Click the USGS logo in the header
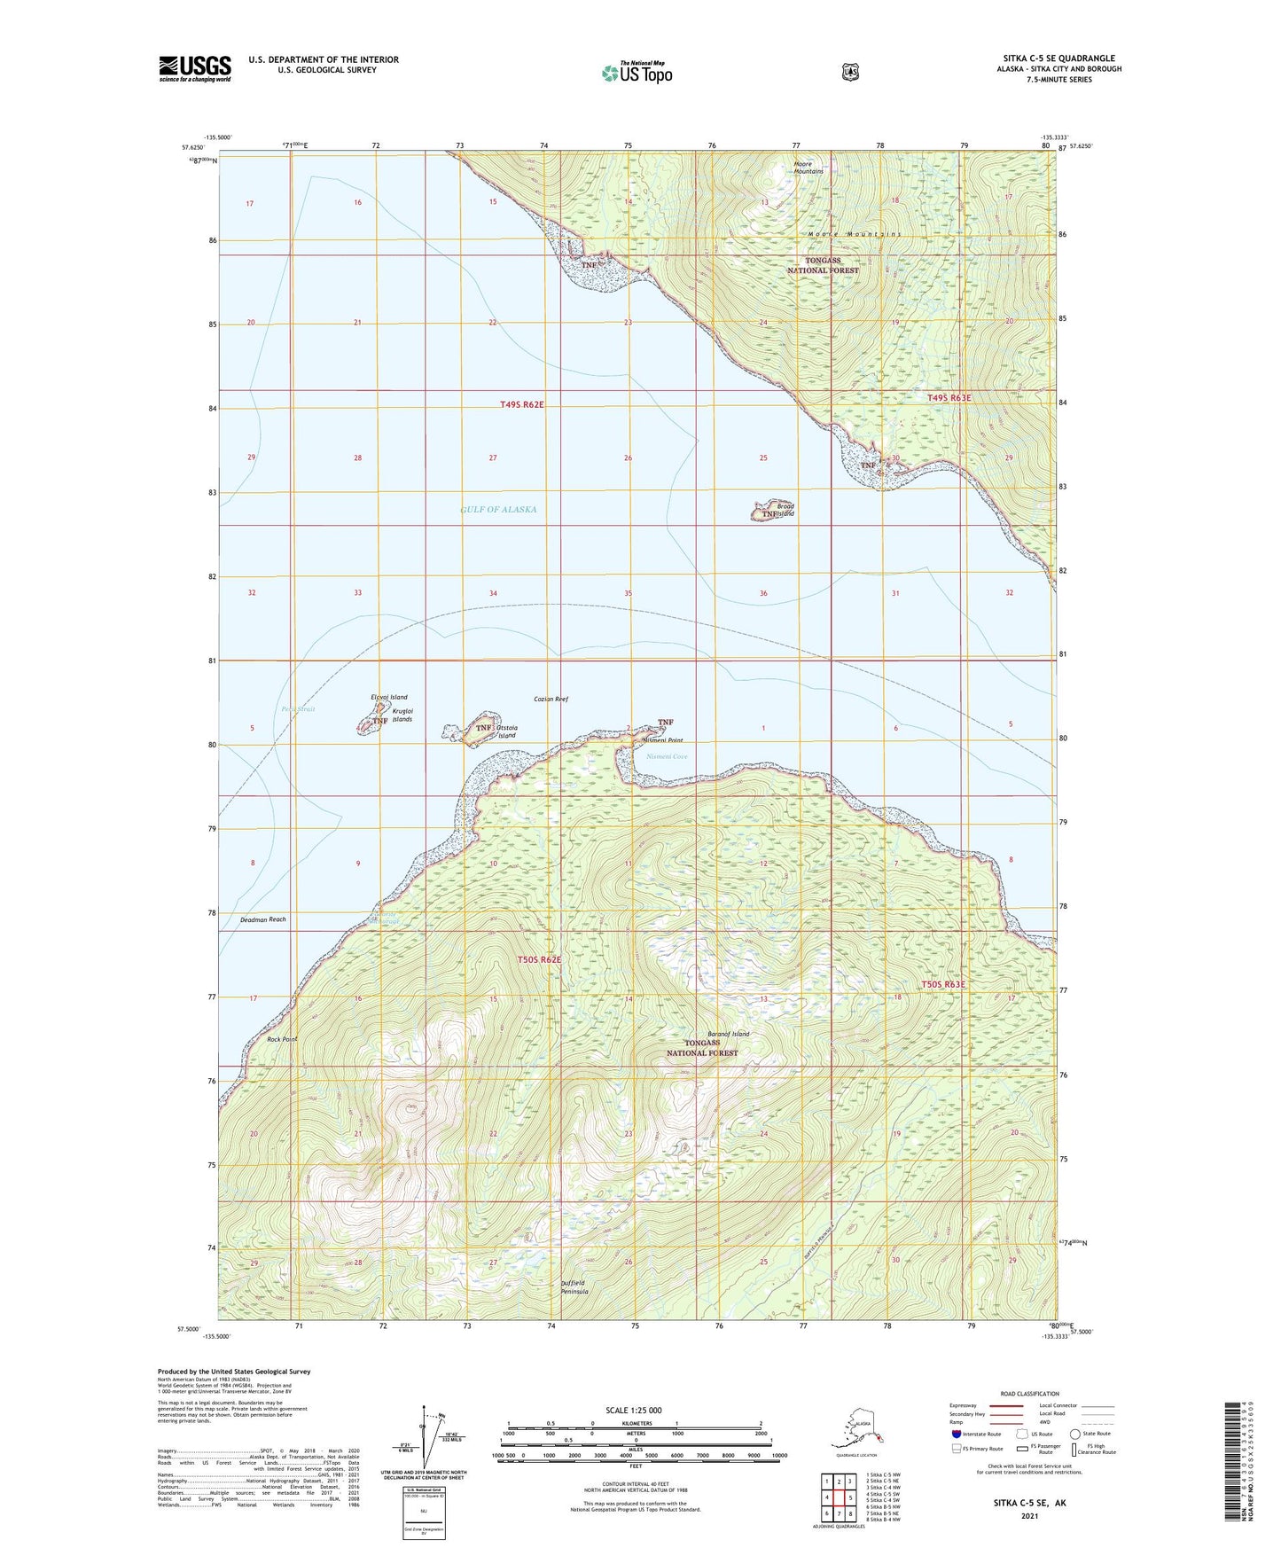(195, 68)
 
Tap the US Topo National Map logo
(637, 73)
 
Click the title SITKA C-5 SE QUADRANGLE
(1058, 59)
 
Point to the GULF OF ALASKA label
(498, 510)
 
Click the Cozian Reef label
(551, 699)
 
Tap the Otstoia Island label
(506, 731)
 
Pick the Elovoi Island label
(389, 698)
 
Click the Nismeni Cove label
(667, 756)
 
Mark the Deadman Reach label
(263, 919)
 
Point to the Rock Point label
(281, 1039)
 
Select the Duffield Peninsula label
(574, 1287)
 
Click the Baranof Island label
(728, 1034)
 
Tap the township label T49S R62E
(521, 404)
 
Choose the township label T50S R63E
(942, 984)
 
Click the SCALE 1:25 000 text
(633, 1411)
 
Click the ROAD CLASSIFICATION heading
(1029, 1394)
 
